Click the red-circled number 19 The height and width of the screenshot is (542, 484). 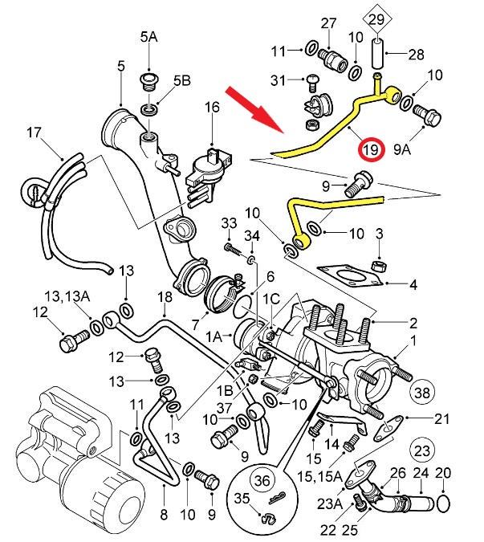point(370,150)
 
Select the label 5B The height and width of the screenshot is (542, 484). point(182,80)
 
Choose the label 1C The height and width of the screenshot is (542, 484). point(270,298)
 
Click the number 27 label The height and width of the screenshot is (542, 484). point(329,22)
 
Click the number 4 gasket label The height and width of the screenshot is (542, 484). point(413,284)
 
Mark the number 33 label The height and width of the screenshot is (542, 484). point(229,222)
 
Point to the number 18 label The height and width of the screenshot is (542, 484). point(165,297)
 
